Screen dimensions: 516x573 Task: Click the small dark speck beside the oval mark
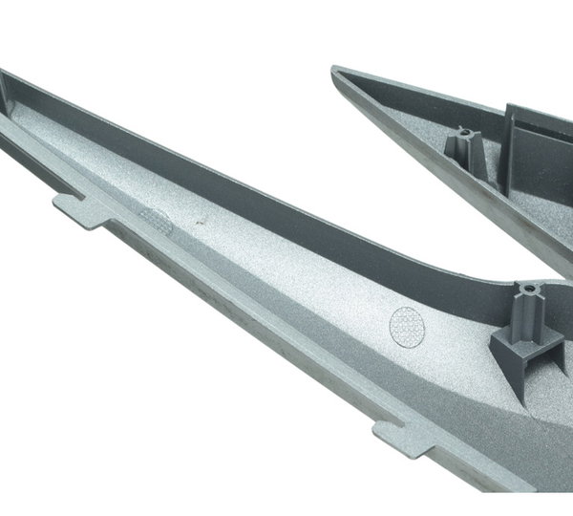pos(199,225)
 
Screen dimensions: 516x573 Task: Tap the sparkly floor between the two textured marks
pos(286,277)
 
